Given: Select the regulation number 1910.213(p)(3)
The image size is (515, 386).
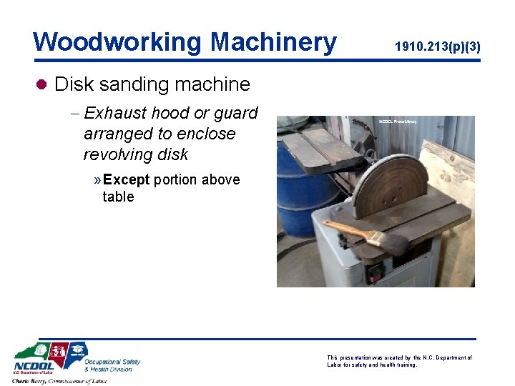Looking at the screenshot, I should tap(437, 47).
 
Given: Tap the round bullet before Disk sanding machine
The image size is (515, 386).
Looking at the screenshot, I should tap(41, 84).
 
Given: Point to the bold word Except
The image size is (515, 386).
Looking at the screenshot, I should tap(126, 179).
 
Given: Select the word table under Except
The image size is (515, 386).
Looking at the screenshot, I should tap(118, 197).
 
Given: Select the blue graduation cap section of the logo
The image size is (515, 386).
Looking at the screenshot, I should tap(77, 350).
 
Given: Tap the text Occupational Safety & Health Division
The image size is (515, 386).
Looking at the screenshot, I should tap(112, 365).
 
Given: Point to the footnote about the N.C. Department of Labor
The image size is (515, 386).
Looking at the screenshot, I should tap(399, 361).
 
